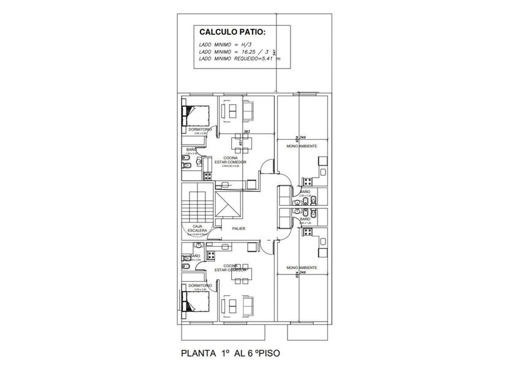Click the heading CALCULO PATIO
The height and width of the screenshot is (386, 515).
coord(234,32)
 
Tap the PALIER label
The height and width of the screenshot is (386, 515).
coord(240,229)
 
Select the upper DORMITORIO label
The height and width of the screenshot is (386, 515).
coord(200,130)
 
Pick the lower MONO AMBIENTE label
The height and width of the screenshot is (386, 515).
coord(302,268)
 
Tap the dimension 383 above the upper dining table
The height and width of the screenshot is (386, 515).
coord(246,131)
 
